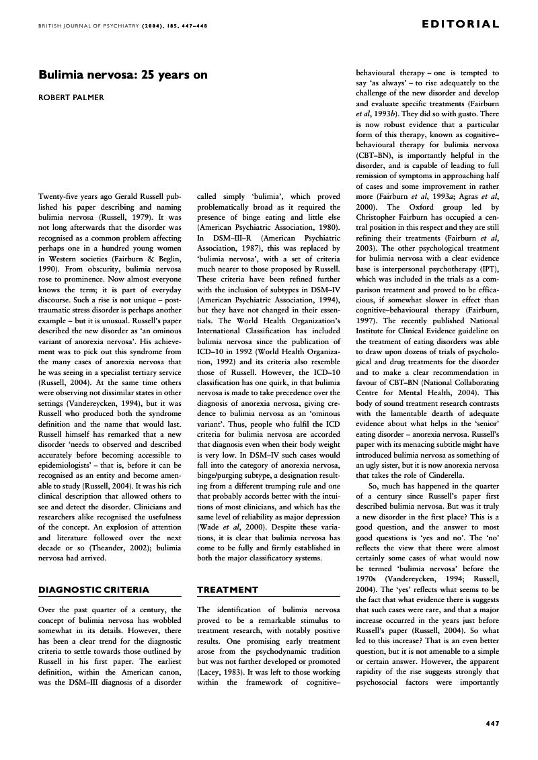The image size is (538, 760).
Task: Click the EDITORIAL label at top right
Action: coord(461,25)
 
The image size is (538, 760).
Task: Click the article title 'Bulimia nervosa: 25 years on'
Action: coord(123,75)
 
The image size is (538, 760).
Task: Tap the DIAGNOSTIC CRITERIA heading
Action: coord(94,589)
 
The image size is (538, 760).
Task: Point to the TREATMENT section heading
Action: coord(227,589)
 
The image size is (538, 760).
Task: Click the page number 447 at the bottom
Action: coord(492,723)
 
